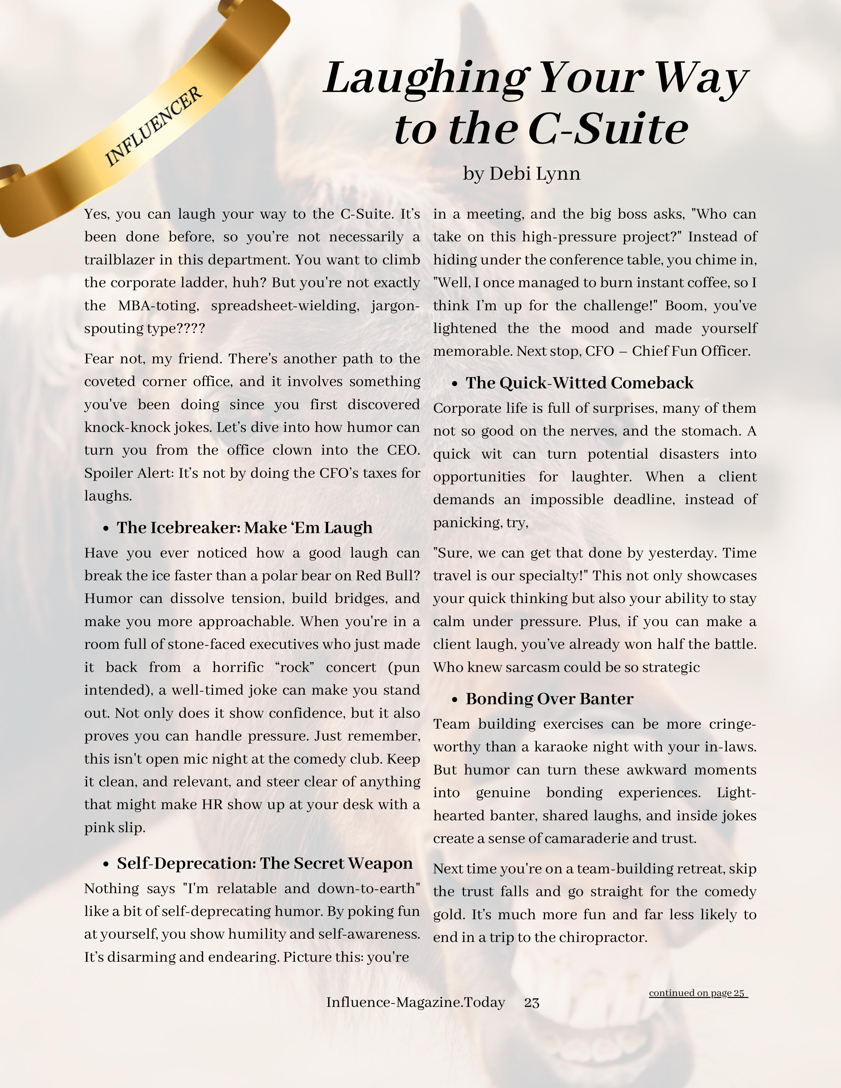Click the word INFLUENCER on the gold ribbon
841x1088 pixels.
(x=153, y=127)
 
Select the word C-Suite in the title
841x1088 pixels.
(x=608, y=129)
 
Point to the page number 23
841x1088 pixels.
(x=532, y=1002)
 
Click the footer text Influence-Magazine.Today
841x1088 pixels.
(x=416, y=1002)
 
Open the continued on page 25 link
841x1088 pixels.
(x=698, y=993)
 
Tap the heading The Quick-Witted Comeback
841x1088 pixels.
(x=579, y=382)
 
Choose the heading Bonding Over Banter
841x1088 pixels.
(x=549, y=699)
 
